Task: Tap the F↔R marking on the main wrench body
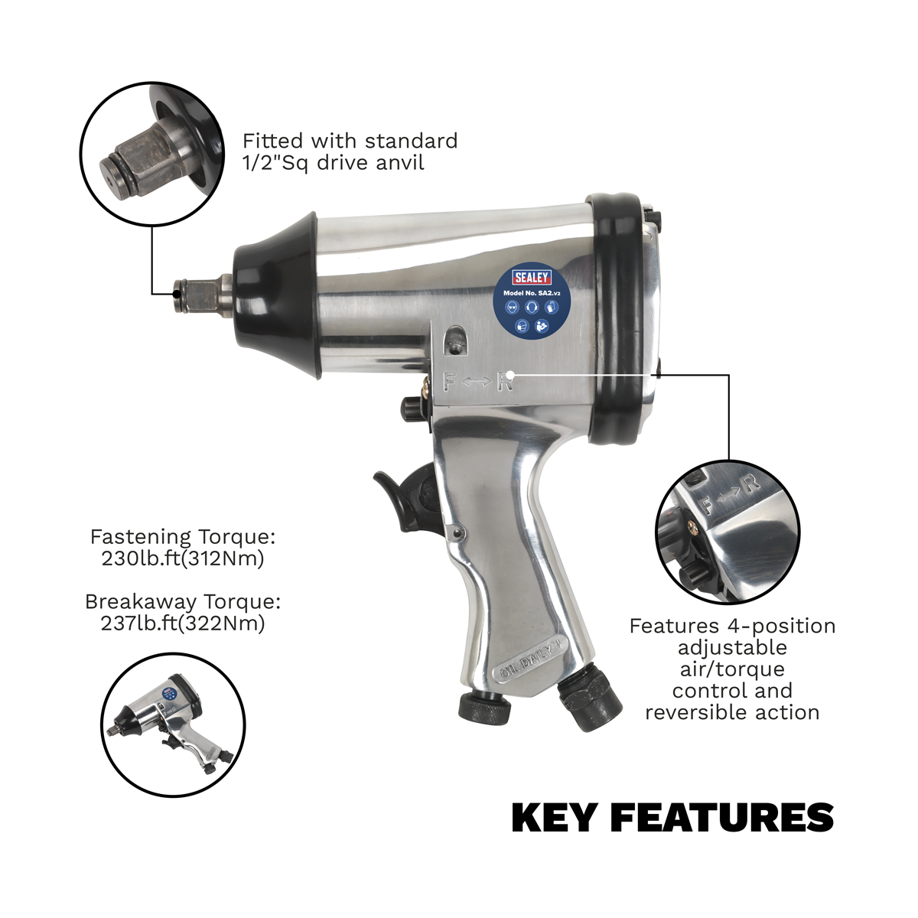point(477,380)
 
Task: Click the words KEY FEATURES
point(672,817)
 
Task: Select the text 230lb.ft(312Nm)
point(183,558)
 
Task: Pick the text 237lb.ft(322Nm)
point(183,623)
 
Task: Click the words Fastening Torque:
point(183,536)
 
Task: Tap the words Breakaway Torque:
point(183,601)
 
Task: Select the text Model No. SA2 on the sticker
point(524,292)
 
